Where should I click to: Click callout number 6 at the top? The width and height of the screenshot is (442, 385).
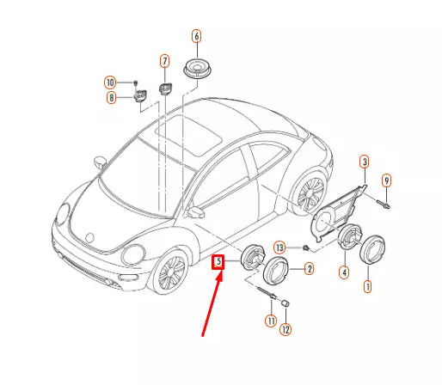(196, 37)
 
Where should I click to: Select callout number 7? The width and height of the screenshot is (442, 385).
(164, 60)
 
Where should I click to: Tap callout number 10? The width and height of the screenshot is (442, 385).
(110, 82)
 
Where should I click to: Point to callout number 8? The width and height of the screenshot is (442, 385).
(110, 98)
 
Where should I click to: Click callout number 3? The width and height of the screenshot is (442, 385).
(364, 162)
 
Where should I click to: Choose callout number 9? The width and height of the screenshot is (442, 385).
(386, 180)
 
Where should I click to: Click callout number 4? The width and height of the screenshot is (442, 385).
(343, 272)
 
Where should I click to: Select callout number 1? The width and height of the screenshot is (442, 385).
(368, 285)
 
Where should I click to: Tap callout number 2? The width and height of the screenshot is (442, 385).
(309, 269)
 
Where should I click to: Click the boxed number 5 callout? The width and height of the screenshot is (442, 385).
(218, 261)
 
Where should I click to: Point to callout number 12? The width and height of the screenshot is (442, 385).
(286, 328)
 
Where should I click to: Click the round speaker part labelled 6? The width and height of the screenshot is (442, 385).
(199, 68)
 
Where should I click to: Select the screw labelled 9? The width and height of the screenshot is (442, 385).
(384, 205)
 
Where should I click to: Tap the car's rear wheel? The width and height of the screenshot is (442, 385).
(310, 193)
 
